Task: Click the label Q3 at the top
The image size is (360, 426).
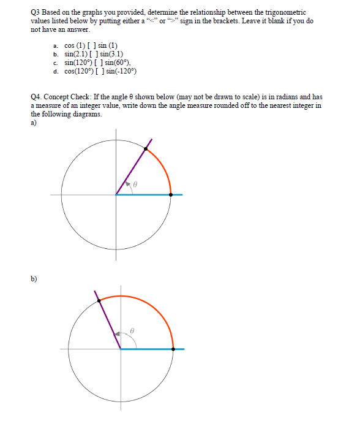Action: [x=36, y=12]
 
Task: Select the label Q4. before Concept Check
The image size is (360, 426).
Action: [x=36, y=97]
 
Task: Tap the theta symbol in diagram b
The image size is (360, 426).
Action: [x=131, y=330]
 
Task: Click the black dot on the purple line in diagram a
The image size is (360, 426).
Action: [x=146, y=148]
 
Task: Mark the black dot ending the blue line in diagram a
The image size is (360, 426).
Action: [x=171, y=195]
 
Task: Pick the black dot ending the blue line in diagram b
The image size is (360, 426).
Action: [x=174, y=348]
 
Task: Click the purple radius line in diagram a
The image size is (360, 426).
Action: [x=131, y=172]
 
